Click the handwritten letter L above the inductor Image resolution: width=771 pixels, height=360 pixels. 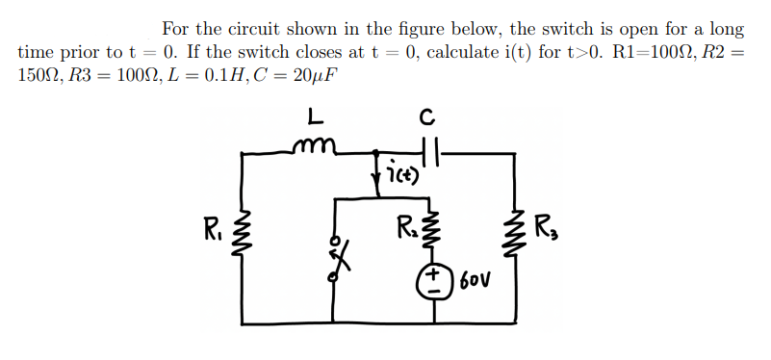click(x=314, y=117)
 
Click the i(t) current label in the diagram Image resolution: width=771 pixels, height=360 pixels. click(x=399, y=175)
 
